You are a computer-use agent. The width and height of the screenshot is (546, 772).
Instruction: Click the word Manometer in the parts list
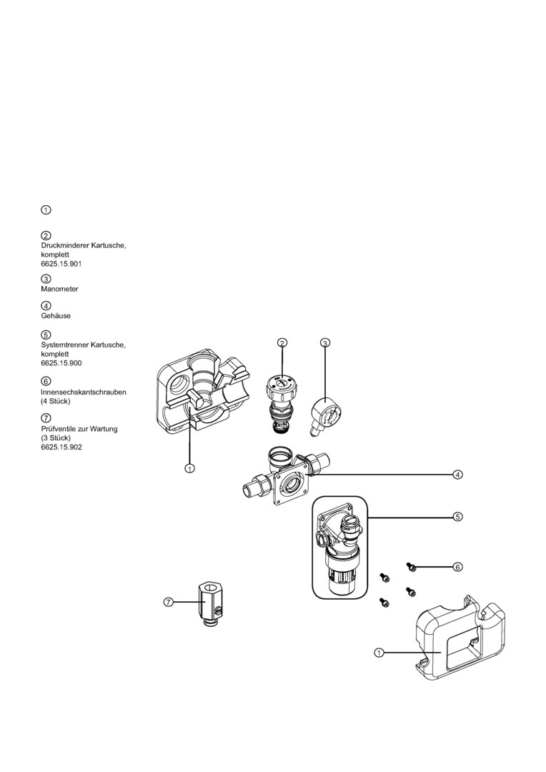[x=59, y=289]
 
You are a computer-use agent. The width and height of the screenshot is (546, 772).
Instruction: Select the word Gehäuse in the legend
[x=56, y=315]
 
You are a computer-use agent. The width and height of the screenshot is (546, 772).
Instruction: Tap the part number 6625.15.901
[x=61, y=264]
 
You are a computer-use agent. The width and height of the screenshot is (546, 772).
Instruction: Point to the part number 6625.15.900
[x=61, y=362]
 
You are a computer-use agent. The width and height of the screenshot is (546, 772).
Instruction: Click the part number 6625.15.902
[x=61, y=447]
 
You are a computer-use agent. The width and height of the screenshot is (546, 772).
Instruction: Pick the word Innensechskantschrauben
[x=84, y=392]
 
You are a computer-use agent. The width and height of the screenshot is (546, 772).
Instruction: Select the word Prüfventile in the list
[x=59, y=429]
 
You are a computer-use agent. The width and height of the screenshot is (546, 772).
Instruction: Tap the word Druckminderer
[x=67, y=246]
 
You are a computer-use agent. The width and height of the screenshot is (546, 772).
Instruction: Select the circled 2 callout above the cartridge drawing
[x=282, y=343]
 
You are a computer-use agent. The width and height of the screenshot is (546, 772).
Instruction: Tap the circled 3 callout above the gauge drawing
[x=325, y=343]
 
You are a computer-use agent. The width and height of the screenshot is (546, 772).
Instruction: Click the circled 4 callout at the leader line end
[x=457, y=474]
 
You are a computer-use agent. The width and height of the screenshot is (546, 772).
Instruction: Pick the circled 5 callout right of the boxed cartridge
[x=457, y=516]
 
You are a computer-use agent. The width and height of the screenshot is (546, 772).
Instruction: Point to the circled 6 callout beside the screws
[x=457, y=567]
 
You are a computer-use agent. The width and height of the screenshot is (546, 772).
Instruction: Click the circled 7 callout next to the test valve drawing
[x=169, y=603]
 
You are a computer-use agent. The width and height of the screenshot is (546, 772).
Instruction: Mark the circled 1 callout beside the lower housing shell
[x=379, y=652]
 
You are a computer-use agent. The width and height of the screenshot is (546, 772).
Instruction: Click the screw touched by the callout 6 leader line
[x=411, y=567]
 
